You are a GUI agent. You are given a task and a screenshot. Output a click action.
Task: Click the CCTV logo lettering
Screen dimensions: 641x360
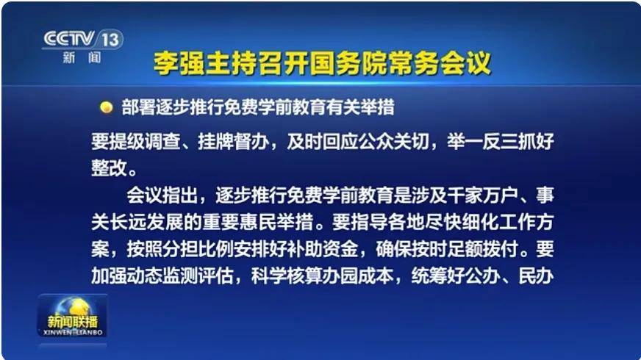pos(68,38)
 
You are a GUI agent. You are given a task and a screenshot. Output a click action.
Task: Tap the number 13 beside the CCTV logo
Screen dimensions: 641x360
pos(110,40)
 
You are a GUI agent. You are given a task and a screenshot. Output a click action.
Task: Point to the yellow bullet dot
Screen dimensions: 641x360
pos(107,107)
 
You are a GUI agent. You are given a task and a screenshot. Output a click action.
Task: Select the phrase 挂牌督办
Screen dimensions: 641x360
pos(234,141)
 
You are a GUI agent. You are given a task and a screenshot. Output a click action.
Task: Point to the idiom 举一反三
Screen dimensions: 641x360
pos(483,141)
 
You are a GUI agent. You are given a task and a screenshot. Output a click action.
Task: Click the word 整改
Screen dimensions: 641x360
pos(109,168)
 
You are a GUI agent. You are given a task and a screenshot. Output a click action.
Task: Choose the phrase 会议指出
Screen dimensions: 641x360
pos(162,195)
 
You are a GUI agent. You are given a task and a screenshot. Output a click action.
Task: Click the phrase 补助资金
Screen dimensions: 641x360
pos(323,249)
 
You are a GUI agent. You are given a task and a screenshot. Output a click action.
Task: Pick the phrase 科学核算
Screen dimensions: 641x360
pos(287,276)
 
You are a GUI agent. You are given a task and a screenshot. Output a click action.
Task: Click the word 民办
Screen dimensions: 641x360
pos(537,276)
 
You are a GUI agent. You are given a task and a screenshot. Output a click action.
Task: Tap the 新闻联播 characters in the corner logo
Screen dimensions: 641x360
pos(72,321)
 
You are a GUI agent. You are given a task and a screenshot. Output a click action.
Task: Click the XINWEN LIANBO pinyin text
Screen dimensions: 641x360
pos(72,333)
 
